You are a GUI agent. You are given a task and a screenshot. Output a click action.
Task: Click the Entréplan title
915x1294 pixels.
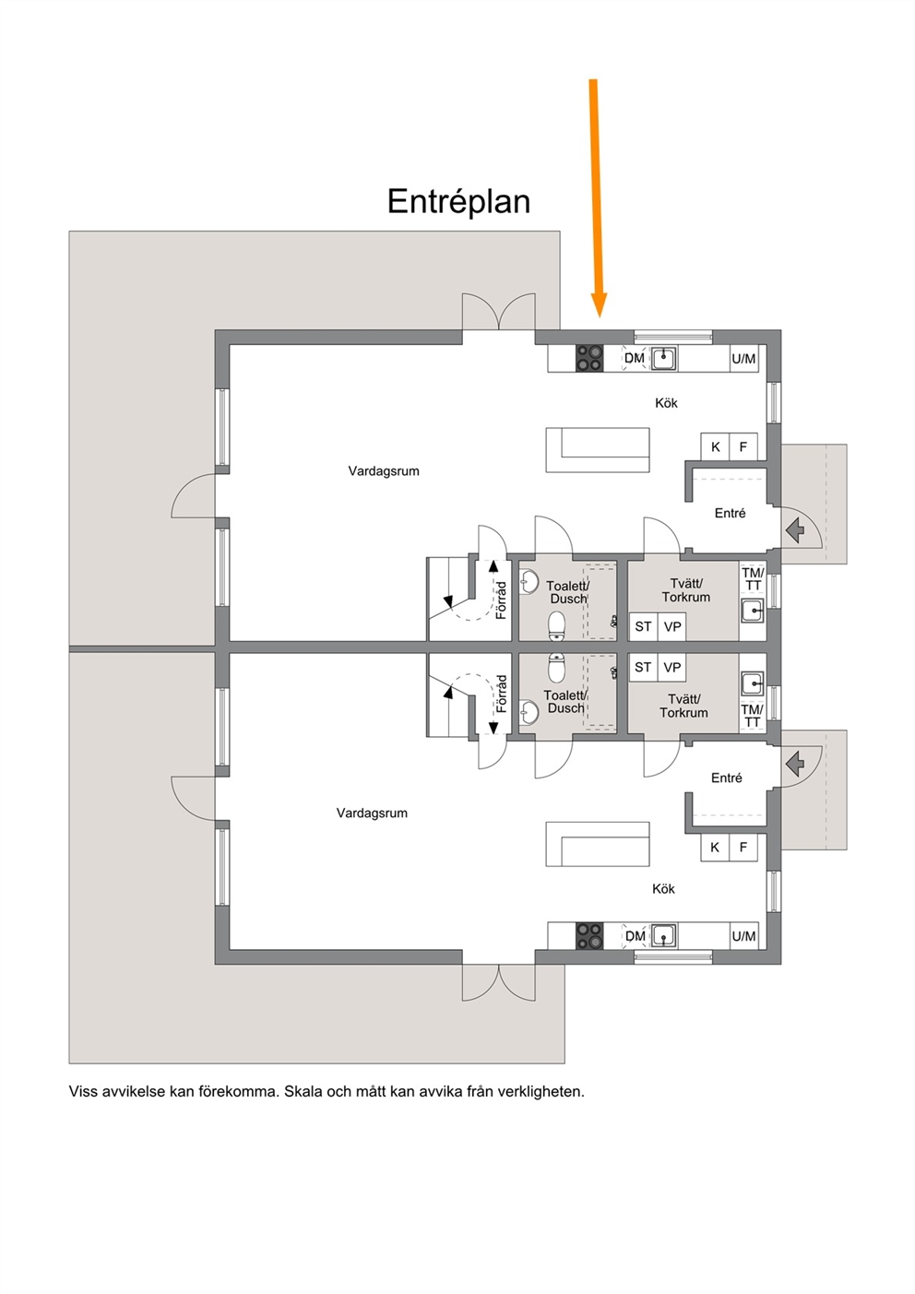[458, 202]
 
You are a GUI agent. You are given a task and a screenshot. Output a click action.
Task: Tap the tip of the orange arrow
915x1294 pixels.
[600, 317]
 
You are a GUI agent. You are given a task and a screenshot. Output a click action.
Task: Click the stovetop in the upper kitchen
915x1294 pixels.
[589, 358]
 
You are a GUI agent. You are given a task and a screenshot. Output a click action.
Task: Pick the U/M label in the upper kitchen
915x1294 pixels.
[743, 359]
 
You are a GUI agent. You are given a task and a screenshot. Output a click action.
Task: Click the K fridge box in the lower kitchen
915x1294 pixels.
[715, 848]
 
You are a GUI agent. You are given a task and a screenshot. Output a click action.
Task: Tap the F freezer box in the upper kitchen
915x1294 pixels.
[743, 446]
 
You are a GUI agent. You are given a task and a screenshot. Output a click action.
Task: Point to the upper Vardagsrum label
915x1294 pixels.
[384, 470]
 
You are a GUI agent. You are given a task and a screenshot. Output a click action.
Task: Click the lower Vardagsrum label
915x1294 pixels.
[372, 813]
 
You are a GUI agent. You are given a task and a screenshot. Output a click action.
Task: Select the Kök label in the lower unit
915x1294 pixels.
[663, 888]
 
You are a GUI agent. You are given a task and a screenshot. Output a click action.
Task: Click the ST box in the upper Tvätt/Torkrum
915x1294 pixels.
[643, 626]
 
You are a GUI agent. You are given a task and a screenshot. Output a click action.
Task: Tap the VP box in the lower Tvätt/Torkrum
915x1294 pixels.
[671, 667]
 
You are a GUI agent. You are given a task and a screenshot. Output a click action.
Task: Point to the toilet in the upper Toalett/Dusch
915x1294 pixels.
[557, 626]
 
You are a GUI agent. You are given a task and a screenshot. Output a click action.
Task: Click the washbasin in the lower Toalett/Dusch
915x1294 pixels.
[529, 712]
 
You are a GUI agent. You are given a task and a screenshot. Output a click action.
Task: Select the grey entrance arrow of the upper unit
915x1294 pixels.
[795, 529]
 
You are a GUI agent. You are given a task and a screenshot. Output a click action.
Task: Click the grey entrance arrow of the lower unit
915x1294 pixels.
[795, 764]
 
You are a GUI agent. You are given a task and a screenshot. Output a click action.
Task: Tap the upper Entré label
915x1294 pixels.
[731, 513]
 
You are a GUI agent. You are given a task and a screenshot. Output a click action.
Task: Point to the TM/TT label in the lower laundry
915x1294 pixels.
[752, 716]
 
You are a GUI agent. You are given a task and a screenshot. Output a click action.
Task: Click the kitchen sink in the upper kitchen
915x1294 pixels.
[664, 358]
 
